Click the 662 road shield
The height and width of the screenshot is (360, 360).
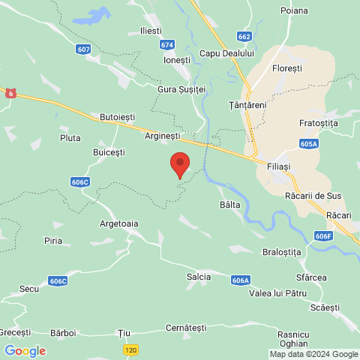tap(244, 36)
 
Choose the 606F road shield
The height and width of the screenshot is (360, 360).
tap(323, 236)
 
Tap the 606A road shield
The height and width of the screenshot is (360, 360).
tap(240, 280)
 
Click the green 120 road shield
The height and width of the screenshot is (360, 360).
tap(130, 350)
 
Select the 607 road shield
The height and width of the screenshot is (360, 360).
tap(83, 49)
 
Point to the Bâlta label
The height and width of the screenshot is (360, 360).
tap(230, 204)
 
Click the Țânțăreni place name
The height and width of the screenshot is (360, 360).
tap(247, 105)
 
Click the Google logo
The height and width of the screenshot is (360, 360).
tap(25, 350)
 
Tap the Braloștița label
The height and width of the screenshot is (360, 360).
tap(282, 252)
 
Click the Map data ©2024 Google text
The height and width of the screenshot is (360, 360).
tap(313, 354)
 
